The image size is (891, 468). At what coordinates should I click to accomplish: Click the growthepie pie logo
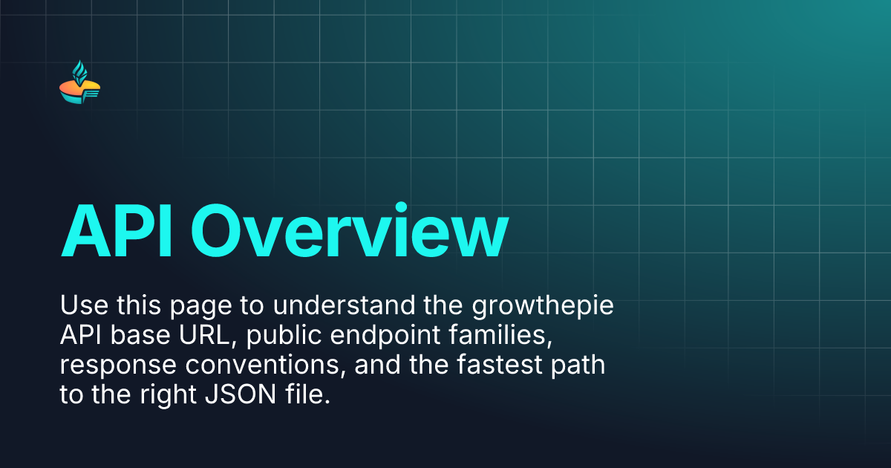click(x=79, y=86)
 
